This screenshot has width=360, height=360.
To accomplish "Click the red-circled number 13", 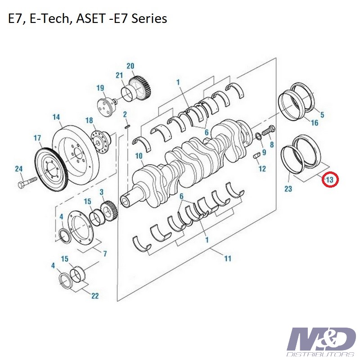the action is [x=330, y=180].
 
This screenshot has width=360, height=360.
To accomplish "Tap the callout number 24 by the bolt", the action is [x=19, y=169].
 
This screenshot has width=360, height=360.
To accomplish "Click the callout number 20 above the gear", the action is [x=130, y=66].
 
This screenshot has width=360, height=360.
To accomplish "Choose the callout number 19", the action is [x=100, y=88].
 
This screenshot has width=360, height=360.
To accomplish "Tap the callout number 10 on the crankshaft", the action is [x=139, y=156].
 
